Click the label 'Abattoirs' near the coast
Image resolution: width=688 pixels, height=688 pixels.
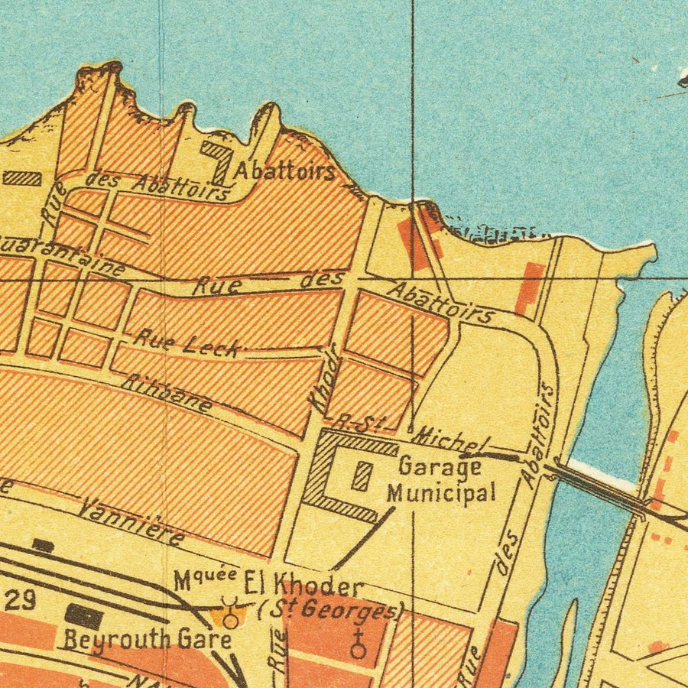click(284, 170)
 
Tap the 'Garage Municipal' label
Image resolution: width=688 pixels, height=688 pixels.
click(440, 479)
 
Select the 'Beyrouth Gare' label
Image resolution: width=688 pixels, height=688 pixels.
click(147, 639)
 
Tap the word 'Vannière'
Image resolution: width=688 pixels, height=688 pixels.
click(131, 522)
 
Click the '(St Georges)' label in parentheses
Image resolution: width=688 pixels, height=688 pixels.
click(330, 611)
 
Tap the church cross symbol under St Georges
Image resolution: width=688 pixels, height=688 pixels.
click(357, 644)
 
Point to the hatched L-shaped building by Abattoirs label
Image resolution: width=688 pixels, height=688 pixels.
click(219, 159)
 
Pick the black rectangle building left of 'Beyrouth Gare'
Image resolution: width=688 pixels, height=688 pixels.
click(83, 617)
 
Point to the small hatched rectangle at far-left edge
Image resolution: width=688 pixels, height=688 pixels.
click(21, 178)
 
